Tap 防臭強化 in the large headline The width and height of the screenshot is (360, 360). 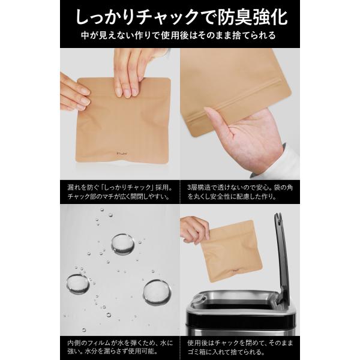253,17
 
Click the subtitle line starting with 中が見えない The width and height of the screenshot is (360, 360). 178,35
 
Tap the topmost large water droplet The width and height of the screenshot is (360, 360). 123,245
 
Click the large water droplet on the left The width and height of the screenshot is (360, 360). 78,284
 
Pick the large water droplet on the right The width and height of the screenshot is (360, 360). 157,292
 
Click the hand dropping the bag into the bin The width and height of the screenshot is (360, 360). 194,230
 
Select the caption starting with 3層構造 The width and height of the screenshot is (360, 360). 240,192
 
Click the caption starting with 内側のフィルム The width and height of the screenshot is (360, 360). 120,347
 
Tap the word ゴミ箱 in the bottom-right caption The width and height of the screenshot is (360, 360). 197,352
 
